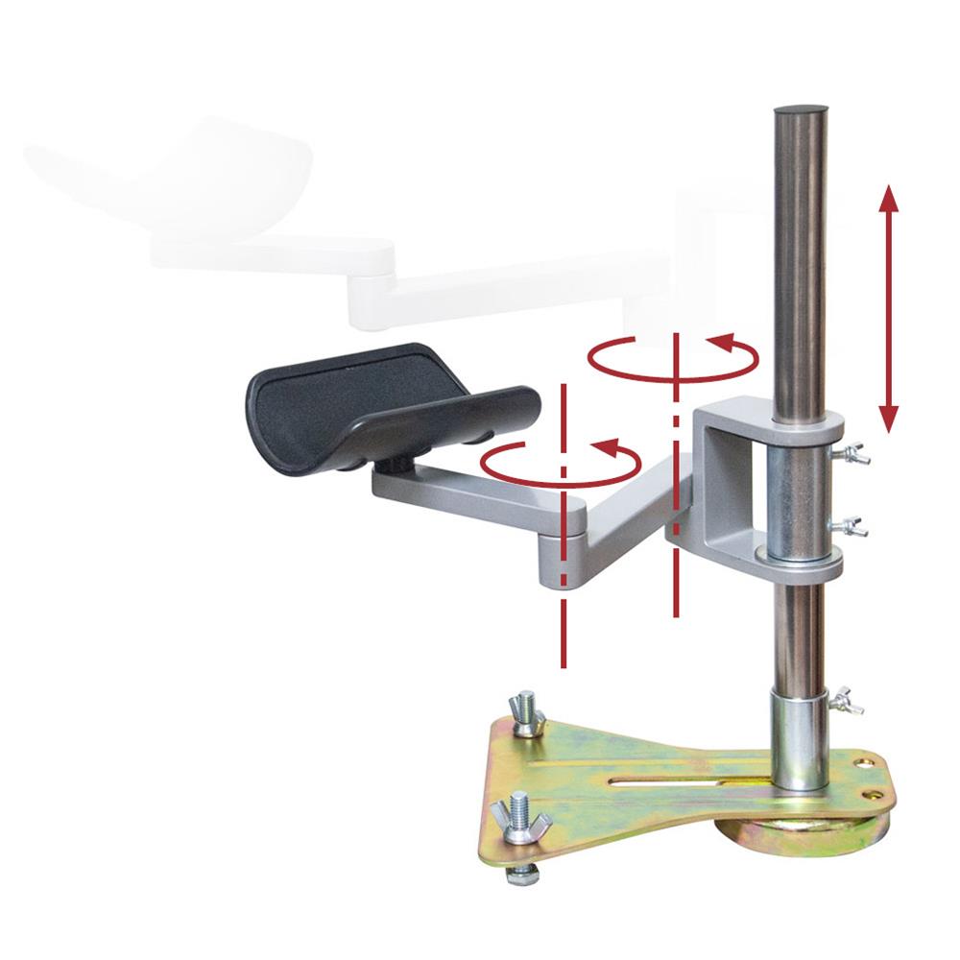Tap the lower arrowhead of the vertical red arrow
888,417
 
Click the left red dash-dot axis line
563,614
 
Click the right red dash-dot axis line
678,576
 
